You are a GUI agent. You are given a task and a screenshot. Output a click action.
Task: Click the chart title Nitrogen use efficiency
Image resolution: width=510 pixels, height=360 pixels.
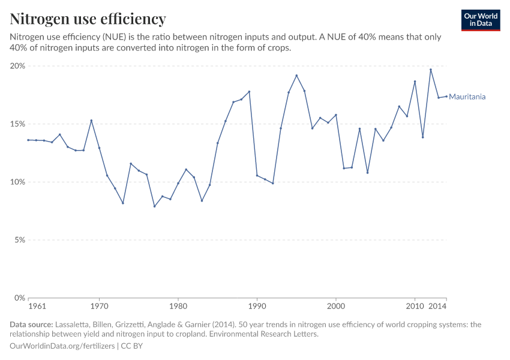(88, 19)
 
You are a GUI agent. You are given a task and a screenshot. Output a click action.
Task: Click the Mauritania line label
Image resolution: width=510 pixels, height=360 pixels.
(467, 97)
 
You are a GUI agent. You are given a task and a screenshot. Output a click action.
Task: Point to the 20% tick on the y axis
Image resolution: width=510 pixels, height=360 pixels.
(18, 66)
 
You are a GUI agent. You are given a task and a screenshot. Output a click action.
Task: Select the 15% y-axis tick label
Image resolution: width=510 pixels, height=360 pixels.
(18, 124)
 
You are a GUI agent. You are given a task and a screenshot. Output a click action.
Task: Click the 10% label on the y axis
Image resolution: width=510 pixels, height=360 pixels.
(18, 182)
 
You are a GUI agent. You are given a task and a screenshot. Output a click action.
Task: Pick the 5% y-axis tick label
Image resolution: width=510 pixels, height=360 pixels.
(20, 240)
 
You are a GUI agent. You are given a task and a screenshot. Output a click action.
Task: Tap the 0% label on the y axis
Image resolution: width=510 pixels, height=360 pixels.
(20, 298)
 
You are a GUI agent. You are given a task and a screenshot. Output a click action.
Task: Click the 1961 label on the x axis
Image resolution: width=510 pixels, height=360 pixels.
(37, 307)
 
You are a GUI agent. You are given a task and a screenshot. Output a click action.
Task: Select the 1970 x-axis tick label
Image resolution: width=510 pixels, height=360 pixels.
(99, 307)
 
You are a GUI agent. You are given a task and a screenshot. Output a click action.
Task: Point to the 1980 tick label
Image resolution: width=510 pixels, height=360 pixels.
(178, 307)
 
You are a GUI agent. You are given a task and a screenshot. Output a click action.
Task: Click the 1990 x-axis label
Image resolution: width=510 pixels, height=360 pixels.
(257, 307)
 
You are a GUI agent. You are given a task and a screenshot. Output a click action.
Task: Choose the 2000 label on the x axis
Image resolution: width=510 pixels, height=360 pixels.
(335, 307)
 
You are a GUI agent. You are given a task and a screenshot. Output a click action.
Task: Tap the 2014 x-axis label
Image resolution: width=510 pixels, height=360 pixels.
(438, 307)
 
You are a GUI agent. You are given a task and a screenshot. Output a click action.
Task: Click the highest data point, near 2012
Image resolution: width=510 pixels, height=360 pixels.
(430, 70)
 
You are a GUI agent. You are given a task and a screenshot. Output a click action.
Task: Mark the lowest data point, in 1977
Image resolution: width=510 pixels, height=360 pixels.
(154, 206)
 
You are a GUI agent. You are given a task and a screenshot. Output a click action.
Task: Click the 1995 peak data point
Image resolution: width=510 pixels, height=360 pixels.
(296, 76)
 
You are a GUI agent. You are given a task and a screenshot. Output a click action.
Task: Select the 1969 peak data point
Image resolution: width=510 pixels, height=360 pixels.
(91, 121)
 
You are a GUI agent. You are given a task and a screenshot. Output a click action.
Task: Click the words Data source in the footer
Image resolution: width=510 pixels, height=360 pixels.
(31, 325)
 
